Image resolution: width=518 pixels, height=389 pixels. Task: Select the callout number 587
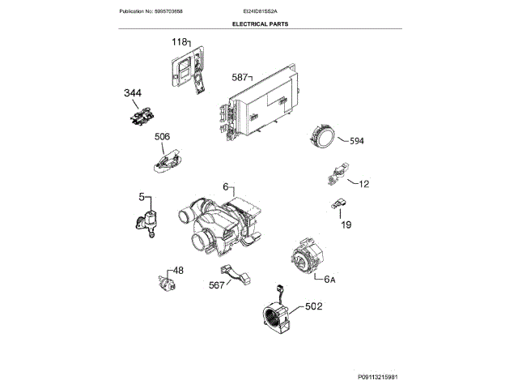coord(240,77)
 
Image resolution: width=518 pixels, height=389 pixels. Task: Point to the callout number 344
coord(132,95)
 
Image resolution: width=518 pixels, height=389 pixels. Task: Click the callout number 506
coord(162,138)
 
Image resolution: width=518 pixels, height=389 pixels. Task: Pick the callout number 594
coord(357,141)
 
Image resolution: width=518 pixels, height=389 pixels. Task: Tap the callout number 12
coord(363,184)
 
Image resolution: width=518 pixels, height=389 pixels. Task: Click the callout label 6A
coord(329,280)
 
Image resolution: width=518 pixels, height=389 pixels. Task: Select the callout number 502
coord(313,307)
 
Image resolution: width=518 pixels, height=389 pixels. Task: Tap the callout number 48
coord(178,270)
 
